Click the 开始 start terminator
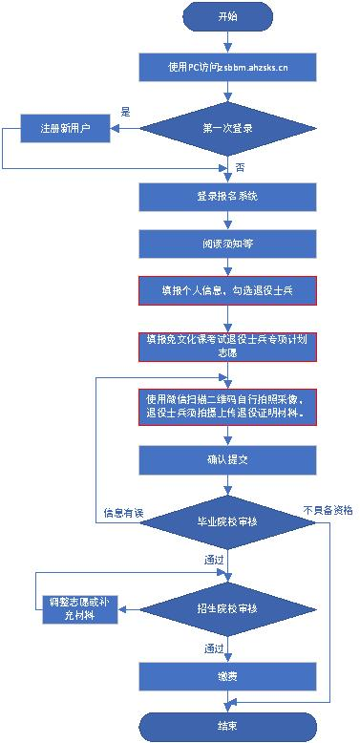tap(226, 17)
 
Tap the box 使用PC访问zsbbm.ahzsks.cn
tap(226, 66)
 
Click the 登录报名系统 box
tap(226, 197)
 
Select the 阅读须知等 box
tap(226, 243)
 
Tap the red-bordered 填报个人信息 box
tap(226, 288)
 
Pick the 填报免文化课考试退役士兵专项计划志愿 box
tap(226, 346)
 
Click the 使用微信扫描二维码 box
tap(226, 405)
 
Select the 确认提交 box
tap(226, 459)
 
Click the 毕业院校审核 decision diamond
tap(226, 521)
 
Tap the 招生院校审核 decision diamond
tap(226, 607)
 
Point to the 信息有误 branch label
tap(123, 514)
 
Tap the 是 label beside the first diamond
tap(125, 112)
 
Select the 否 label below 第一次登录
tap(239, 168)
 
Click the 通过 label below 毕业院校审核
tap(214, 560)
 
